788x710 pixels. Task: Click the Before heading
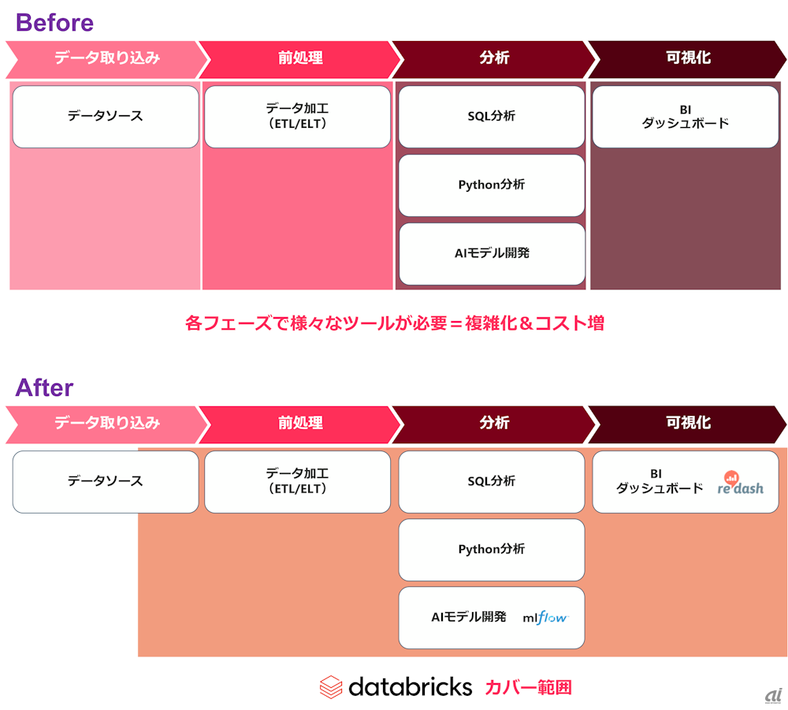(54, 23)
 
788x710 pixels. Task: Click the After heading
(44, 387)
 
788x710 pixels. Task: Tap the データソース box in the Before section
(106, 117)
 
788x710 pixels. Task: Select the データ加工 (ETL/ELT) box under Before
(298, 117)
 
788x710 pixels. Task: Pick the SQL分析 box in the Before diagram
(492, 117)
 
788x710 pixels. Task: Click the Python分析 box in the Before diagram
(492, 185)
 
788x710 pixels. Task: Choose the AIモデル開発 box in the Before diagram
(492, 253)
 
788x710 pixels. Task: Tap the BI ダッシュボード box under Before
(686, 117)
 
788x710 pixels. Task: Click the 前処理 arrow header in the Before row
(300, 59)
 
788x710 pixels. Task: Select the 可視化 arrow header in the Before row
(687, 59)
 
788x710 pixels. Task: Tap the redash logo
(740, 483)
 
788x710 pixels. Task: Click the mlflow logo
(545, 618)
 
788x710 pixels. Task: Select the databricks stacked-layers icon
(331, 687)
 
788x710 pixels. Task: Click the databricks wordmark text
(410, 687)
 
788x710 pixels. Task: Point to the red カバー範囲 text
(528, 687)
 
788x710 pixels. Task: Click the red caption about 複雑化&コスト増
(395, 323)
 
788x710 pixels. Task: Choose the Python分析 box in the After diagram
(492, 550)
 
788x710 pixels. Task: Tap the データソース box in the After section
(106, 481)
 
